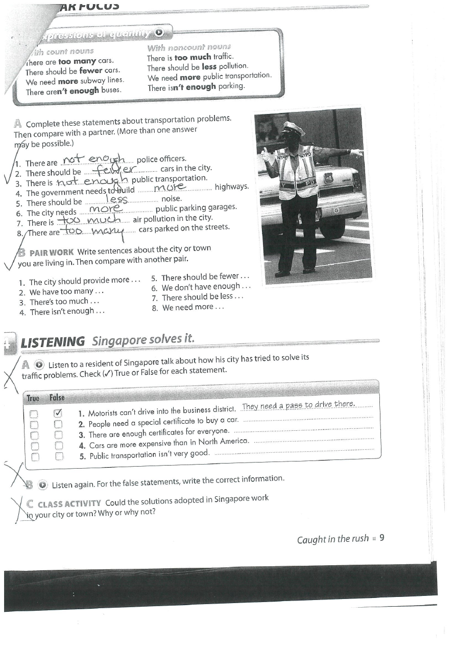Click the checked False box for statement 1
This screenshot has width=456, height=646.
click(58, 413)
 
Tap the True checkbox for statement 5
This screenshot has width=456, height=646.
click(34, 457)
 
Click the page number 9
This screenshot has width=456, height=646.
click(381, 538)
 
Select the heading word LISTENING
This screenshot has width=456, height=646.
click(53, 342)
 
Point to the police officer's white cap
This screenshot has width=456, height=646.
click(293, 128)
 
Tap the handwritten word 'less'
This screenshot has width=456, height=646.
click(117, 199)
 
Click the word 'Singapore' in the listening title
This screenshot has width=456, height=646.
click(117, 341)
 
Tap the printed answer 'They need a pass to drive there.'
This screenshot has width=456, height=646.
click(298, 406)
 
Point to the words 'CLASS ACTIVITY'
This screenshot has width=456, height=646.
click(69, 503)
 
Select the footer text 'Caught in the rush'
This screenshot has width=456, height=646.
click(333, 539)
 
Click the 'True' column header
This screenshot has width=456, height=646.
click(33, 398)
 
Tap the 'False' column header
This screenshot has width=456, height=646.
click(57, 398)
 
